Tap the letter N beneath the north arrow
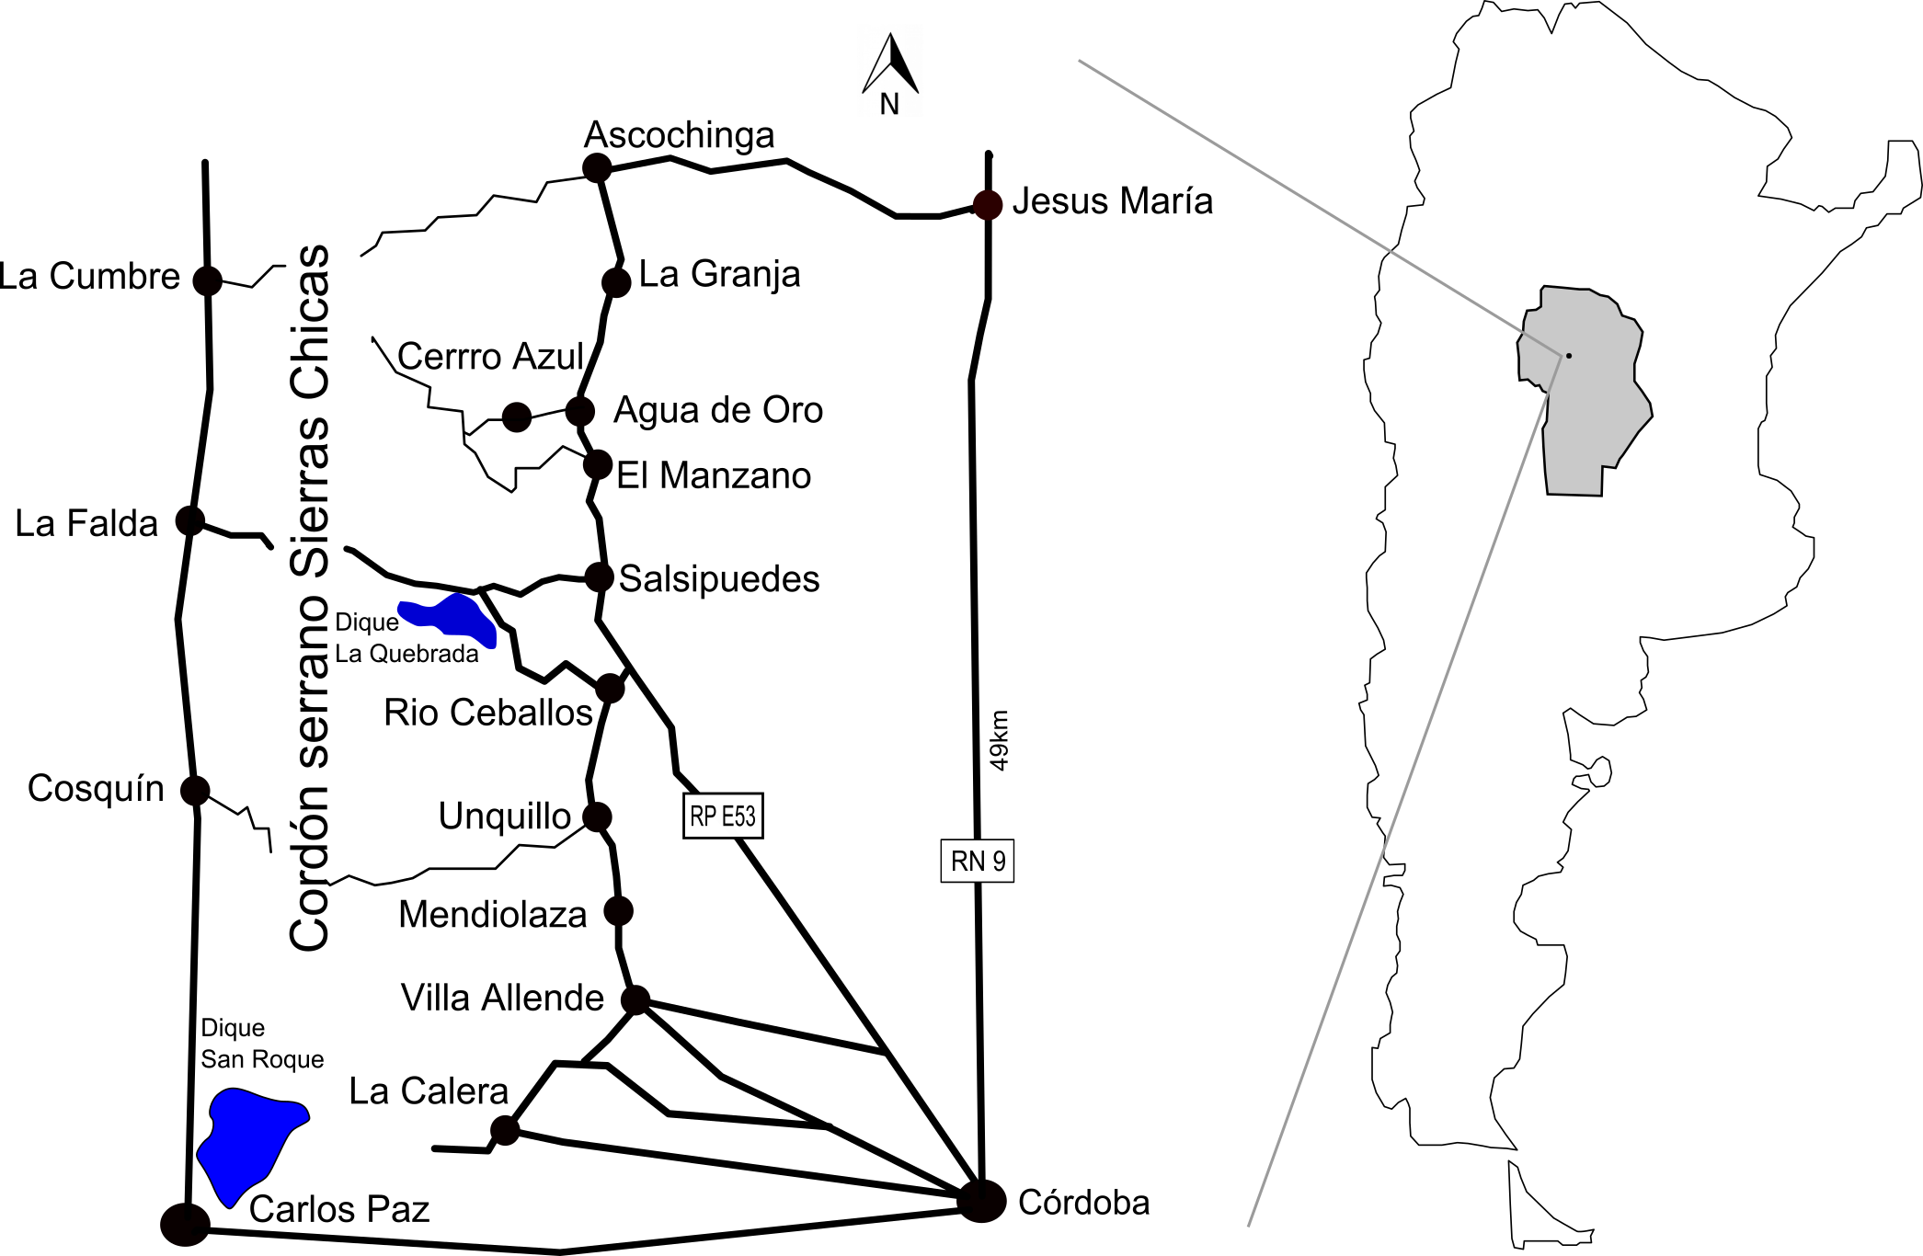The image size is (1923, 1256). click(x=888, y=104)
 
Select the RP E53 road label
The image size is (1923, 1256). click(x=723, y=816)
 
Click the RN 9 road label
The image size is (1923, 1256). click(x=978, y=862)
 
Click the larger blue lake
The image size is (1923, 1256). click(x=246, y=1140)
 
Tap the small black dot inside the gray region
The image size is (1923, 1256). click(x=1569, y=356)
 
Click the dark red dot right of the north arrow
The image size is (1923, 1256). click(x=988, y=205)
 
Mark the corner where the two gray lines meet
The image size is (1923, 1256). click(x=1562, y=355)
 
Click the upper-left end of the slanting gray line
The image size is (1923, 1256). click(x=1080, y=62)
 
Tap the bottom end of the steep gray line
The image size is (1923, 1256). click(x=1249, y=1225)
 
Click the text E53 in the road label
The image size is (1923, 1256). click(x=738, y=816)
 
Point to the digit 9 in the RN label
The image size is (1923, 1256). click(x=999, y=862)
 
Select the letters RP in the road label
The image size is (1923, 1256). click(x=704, y=816)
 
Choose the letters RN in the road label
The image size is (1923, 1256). click(x=968, y=862)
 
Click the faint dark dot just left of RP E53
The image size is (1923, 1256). click(x=598, y=816)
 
